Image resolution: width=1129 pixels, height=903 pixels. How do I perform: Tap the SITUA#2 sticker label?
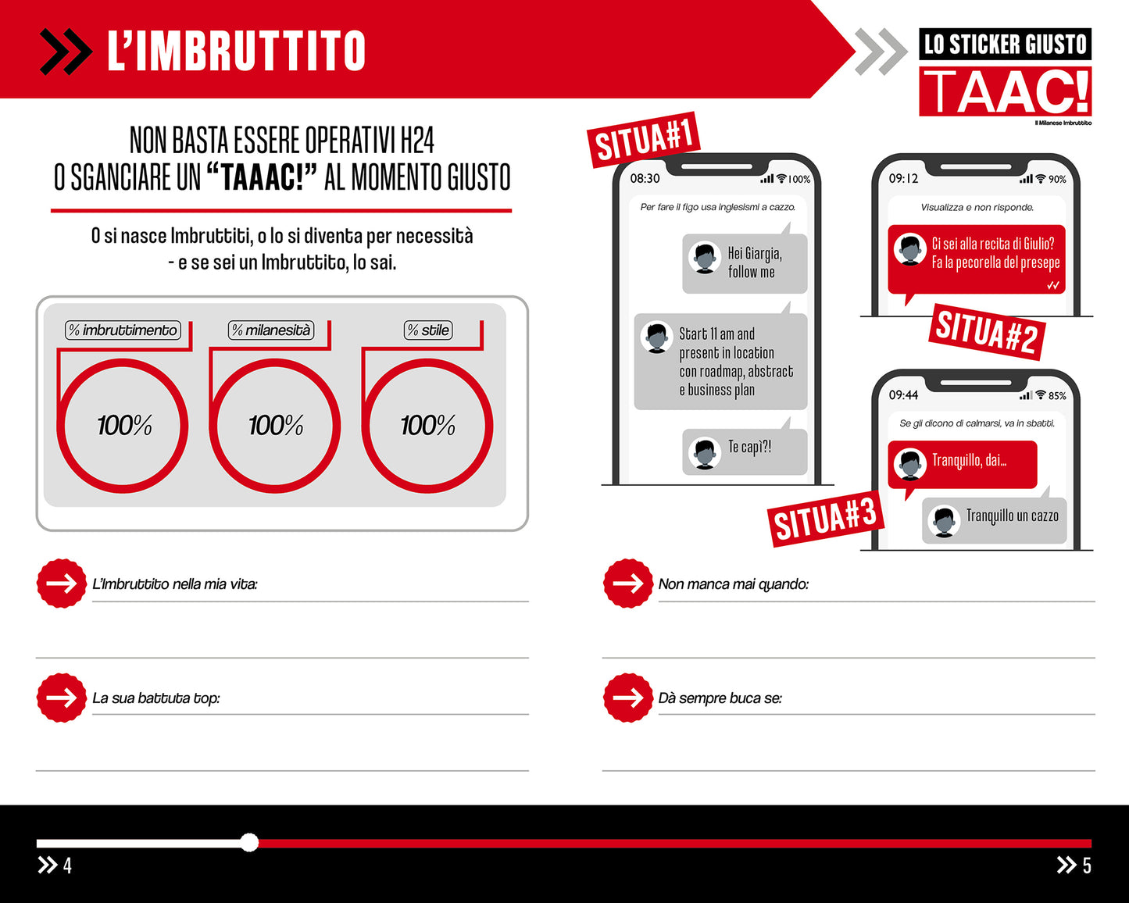point(986,331)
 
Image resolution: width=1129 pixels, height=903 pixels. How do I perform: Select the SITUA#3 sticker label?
point(824,518)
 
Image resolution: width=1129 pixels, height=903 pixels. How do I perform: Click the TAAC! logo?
point(1005,91)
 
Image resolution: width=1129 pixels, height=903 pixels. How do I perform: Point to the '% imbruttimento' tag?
point(123,330)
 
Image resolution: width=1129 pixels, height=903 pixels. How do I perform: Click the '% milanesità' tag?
point(271,330)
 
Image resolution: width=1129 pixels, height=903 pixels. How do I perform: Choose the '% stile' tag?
point(428,330)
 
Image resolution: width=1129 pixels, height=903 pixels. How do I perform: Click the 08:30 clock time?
point(645,179)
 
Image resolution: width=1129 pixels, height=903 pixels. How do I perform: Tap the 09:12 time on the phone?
point(903,179)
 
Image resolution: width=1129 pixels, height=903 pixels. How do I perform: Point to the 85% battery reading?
point(1057,396)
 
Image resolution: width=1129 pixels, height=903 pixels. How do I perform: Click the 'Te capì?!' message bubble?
point(744,451)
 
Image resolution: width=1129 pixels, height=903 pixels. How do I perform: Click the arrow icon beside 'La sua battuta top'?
point(61,698)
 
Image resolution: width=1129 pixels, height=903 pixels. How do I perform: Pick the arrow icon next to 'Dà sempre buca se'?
point(627,698)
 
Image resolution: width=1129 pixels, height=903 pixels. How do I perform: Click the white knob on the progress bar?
point(249,842)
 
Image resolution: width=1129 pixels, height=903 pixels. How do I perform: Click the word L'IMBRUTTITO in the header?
point(236,51)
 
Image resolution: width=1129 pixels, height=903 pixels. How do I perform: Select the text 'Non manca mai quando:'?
point(733,584)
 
